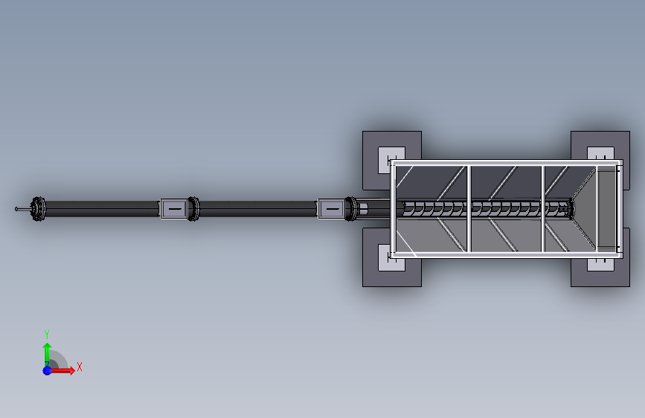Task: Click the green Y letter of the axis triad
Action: tap(47, 334)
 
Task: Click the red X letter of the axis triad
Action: tap(80, 367)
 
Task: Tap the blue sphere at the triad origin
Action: tap(48, 370)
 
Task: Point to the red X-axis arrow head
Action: tap(72, 370)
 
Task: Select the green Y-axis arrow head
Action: tap(48, 347)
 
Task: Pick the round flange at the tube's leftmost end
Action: tap(39, 209)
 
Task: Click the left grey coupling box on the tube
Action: tap(174, 209)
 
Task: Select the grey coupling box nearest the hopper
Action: tap(332, 209)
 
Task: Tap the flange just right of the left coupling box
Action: tap(193, 209)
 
